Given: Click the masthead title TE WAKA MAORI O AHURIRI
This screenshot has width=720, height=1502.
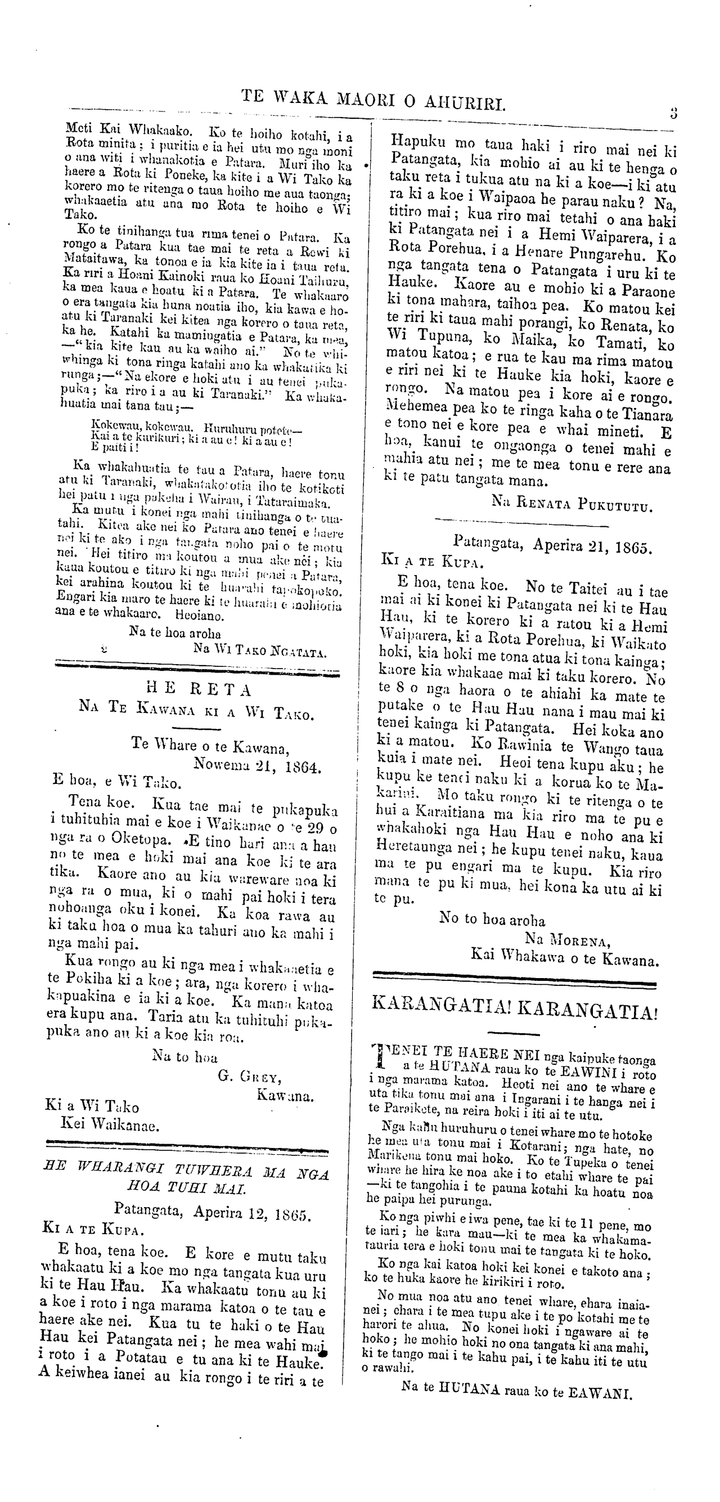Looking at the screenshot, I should [373, 100].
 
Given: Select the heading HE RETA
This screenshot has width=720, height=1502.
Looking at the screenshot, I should [199, 690].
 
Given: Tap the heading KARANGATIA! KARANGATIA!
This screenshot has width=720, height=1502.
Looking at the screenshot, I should [514, 1006].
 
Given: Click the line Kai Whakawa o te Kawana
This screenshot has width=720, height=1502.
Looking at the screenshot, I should [564, 958].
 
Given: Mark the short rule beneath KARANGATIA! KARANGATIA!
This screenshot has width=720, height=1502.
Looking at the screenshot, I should [513, 1033].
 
